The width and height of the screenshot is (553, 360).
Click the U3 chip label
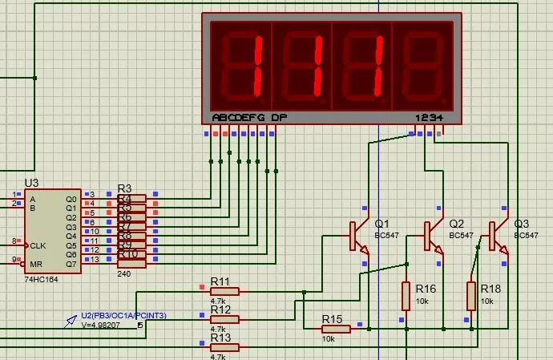click(31, 184)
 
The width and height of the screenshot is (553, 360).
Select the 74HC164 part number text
click(40, 279)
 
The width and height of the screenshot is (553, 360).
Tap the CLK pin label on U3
click(37, 245)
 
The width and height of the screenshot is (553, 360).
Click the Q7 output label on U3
click(71, 264)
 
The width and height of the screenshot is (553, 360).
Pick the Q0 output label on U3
click(71, 199)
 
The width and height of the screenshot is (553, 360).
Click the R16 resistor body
click(406, 296)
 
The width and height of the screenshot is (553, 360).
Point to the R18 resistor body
click(470, 296)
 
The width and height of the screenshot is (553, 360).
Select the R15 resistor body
click(336, 328)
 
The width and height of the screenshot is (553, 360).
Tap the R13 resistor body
click(224, 346)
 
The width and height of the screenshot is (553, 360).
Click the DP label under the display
click(278, 117)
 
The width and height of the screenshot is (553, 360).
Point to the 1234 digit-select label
click(428, 117)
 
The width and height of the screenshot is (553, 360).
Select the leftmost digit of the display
click(241, 65)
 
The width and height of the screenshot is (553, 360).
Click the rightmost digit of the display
click(422, 65)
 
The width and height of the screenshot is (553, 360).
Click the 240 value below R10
click(124, 274)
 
